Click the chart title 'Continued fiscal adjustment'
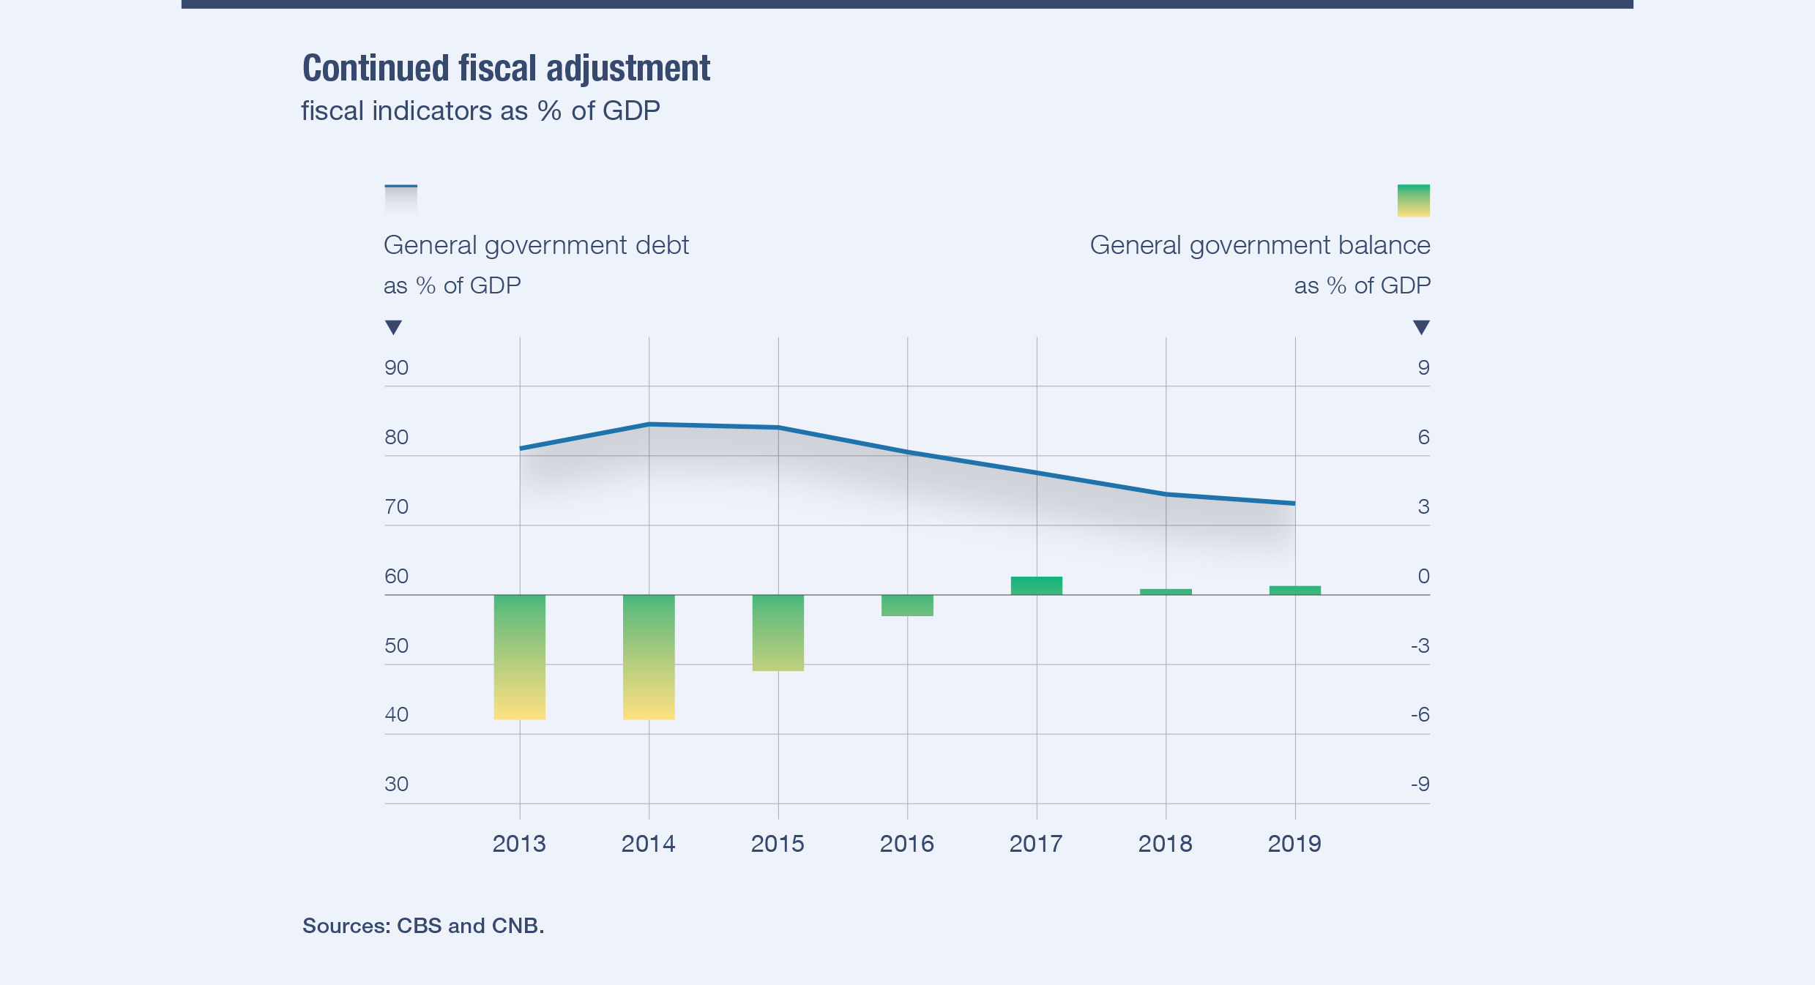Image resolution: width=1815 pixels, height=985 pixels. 506,69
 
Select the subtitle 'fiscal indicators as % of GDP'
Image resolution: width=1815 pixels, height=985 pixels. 480,111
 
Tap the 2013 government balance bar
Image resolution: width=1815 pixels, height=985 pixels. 520,656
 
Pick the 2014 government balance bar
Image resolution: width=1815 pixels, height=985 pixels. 649,656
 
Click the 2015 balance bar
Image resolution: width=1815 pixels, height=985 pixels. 778,632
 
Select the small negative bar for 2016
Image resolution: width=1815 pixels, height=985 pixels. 907,605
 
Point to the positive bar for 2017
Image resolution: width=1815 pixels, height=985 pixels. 1037,585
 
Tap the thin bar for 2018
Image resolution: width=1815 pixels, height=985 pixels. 1166,592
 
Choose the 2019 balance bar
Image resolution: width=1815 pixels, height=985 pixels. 1295,591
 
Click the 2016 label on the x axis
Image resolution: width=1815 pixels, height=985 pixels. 906,844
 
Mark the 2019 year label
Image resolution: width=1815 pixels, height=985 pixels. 1294,844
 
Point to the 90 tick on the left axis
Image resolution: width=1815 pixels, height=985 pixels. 397,367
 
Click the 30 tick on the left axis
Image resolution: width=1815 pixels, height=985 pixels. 397,784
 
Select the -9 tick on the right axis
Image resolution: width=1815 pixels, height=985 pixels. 1420,784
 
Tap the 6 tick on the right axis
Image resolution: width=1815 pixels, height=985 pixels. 1423,437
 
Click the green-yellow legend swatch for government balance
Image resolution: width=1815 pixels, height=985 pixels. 1413,201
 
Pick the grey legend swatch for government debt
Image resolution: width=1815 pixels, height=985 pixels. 401,200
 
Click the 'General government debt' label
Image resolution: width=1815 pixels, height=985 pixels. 536,245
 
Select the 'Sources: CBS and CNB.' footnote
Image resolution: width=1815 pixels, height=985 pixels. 423,926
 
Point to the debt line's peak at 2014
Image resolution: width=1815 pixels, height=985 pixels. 649,424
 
